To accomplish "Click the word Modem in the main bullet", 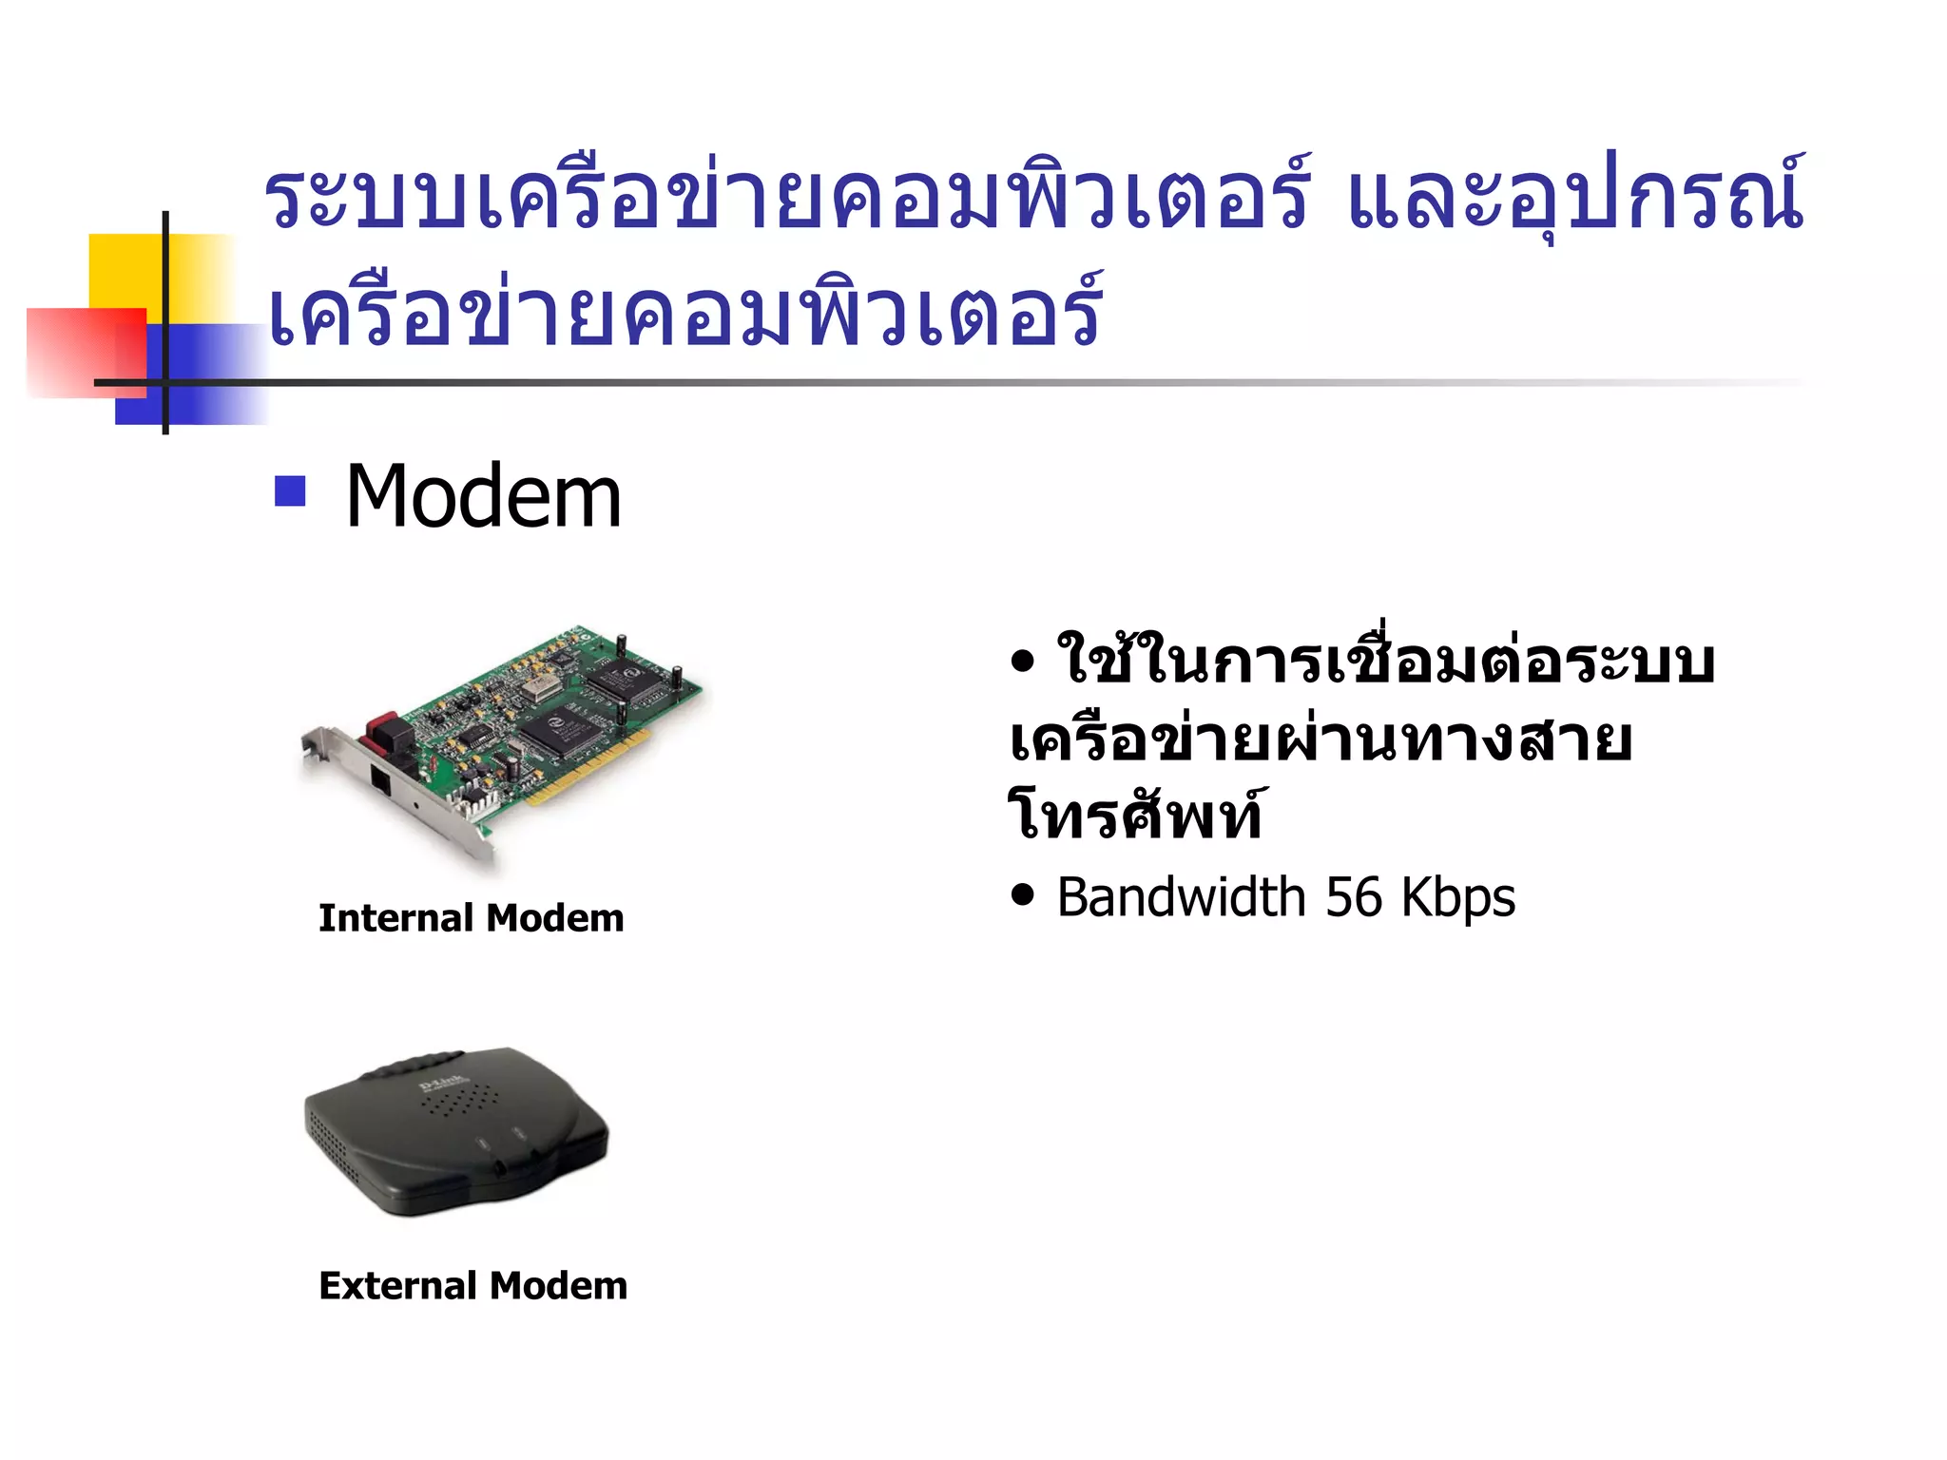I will click(483, 496).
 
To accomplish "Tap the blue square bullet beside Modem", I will click(290, 490).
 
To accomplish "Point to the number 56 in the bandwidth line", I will click(1354, 897).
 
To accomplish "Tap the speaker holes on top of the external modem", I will click(459, 1104).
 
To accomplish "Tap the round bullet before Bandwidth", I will click(1023, 895).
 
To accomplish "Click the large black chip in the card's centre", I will click(562, 731).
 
